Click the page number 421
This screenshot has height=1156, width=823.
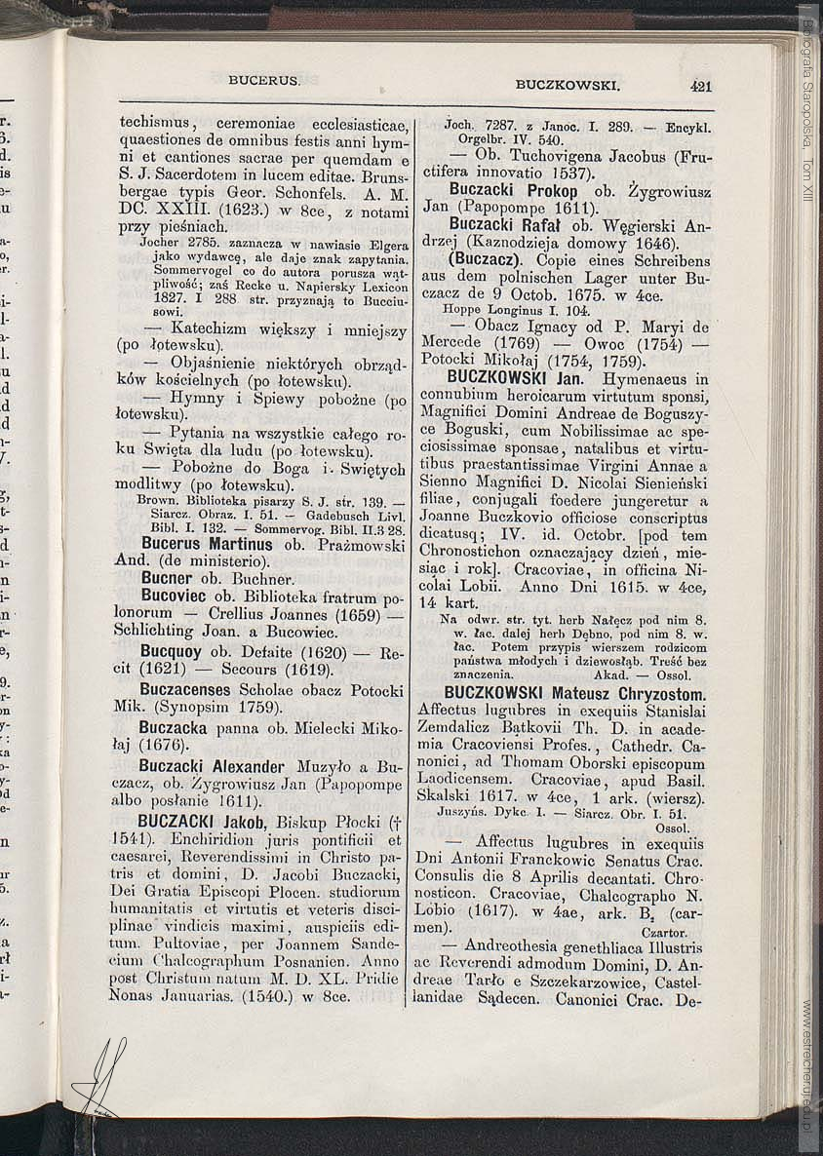(700, 86)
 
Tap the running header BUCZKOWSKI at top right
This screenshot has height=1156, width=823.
(568, 86)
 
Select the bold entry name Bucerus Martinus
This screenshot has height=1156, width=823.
(207, 544)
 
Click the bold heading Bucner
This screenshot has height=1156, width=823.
(165, 578)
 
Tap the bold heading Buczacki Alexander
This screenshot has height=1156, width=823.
(212, 766)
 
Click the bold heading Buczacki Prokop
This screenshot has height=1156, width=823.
(513, 190)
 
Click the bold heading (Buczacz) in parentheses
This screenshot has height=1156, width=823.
(484, 261)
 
